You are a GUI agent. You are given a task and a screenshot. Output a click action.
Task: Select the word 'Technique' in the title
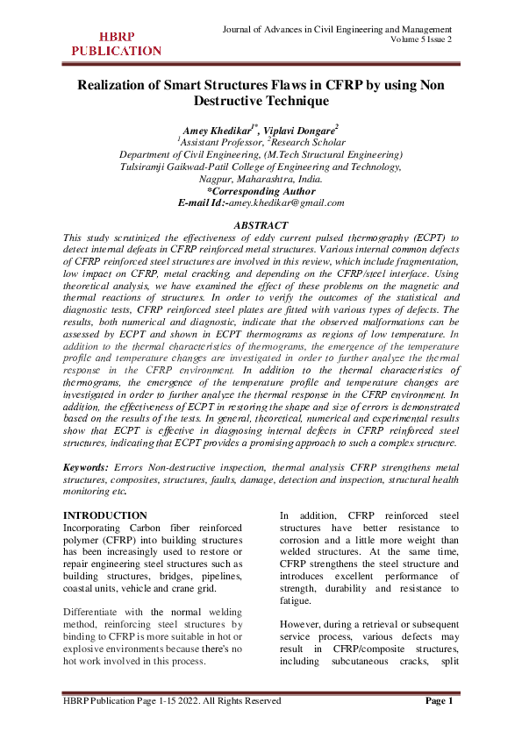coord(293,103)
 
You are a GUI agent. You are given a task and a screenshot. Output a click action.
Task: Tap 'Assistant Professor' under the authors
coord(219,142)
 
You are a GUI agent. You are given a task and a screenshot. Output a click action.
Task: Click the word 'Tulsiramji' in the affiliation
coord(147,167)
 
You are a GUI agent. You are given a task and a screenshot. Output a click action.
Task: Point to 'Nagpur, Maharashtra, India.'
coord(261,179)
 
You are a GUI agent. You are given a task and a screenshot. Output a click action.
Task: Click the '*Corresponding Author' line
coord(261,190)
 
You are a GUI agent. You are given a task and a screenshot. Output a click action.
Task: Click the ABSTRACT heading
coord(261,225)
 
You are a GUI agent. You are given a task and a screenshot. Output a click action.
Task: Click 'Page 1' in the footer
coord(439,701)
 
